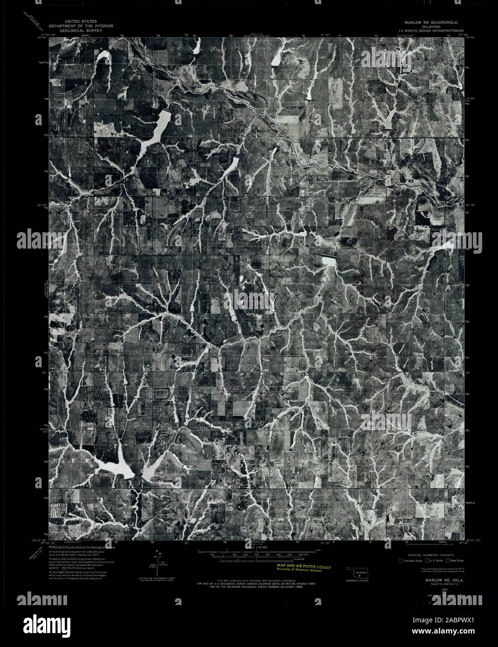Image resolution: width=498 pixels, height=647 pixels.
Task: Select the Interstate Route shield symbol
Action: (x=402, y=560)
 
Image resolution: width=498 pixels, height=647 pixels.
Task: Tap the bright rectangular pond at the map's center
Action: (x=329, y=261)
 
